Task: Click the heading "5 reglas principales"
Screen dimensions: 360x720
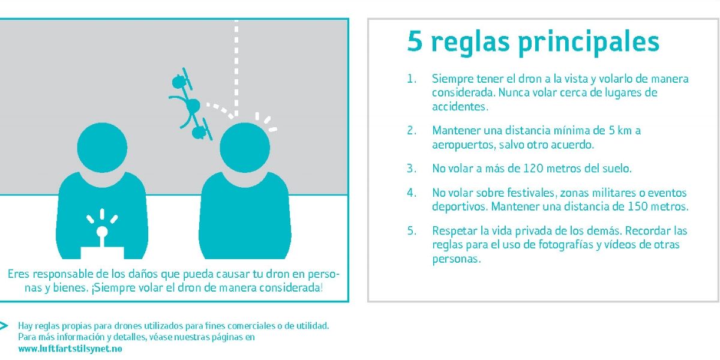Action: pyautogui.click(x=533, y=42)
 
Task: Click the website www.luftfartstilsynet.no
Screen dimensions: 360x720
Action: pyautogui.click(x=70, y=349)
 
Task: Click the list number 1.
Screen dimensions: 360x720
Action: pyautogui.click(x=410, y=79)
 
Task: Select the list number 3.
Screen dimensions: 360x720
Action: pyautogui.click(x=410, y=169)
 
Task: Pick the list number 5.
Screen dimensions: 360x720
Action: pyautogui.click(x=410, y=231)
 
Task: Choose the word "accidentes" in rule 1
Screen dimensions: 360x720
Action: pyautogui.click(x=459, y=107)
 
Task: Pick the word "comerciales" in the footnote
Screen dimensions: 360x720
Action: pyautogui.click(x=247, y=326)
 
